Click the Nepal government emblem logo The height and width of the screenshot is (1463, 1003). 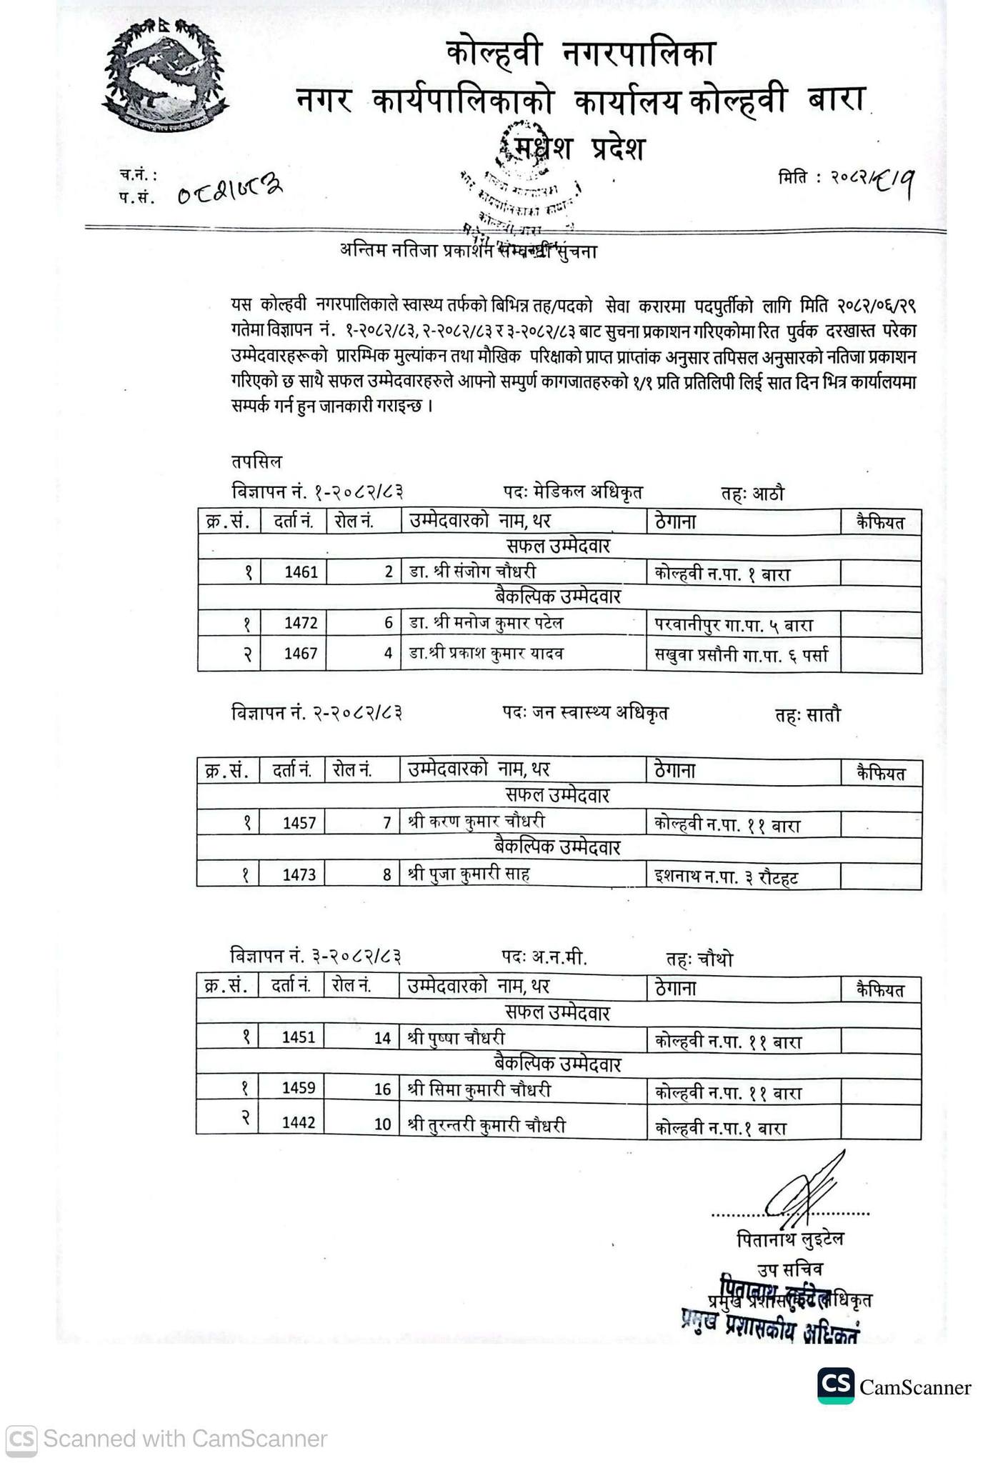point(166,76)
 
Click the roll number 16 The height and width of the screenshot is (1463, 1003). point(382,1089)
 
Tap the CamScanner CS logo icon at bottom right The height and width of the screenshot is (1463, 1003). point(836,1387)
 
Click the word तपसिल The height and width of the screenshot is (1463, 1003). point(256,461)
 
